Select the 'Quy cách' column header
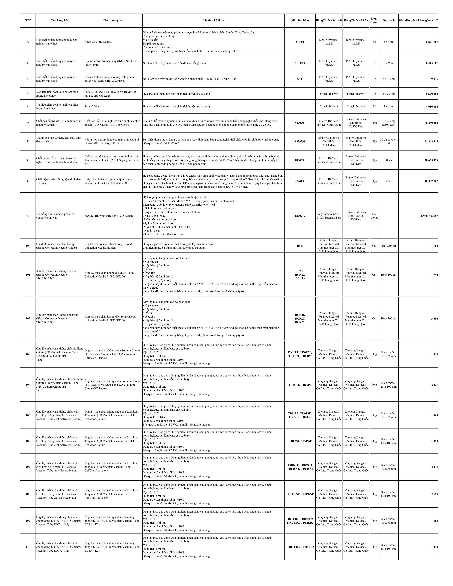pyautogui.click(x=388, y=20)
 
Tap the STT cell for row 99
pyautogui.click(x=28, y=216)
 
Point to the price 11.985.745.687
pyautogui.click(x=428, y=216)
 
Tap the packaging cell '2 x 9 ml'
pyautogui.click(x=388, y=63)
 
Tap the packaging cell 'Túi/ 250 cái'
pyautogui.click(x=388, y=246)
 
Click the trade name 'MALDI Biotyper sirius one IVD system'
pyautogui.click(x=108, y=216)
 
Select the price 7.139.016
pyautogui.click(x=432, y=79)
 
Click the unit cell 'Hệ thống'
pyautogui.click(x=374, y=216)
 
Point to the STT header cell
pyautogui.click(x=28, y=20)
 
